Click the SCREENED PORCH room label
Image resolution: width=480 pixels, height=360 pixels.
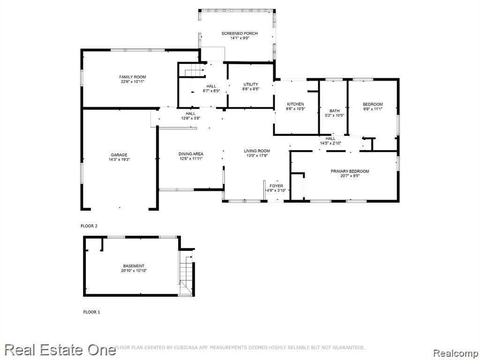coord(240,33)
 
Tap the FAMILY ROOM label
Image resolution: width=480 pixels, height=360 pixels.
coord(133,77)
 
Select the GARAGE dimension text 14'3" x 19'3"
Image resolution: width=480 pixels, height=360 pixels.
coord(119,159)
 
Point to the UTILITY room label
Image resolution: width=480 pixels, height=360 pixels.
coord(251,84)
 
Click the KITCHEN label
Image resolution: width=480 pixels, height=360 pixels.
coord(295,104)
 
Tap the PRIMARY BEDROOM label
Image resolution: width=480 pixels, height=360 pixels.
coord(350,171)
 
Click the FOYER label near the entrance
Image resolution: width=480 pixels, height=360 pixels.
coord(276,186)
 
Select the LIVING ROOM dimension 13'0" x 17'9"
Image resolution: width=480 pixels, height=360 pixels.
coord(257,156)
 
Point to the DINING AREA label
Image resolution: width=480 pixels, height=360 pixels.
coord(191,154)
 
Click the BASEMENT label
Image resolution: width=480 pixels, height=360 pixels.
coord(134,266)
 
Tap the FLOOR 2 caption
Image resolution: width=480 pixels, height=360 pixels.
coord(89,226)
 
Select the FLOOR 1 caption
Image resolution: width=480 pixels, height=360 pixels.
coord(91,312)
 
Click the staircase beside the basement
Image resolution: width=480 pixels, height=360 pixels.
coord(186,272)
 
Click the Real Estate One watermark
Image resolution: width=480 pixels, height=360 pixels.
coord(60,350)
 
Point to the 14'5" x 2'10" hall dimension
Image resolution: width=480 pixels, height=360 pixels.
coord(330,143)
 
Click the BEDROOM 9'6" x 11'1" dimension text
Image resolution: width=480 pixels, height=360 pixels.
coord(373,109)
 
